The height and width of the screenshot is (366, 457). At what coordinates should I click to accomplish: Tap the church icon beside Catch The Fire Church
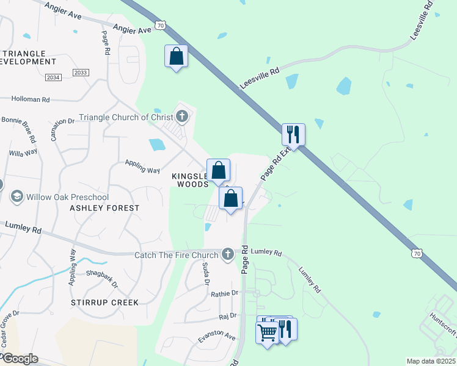228,253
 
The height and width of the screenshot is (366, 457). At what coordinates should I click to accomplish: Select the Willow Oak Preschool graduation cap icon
16,196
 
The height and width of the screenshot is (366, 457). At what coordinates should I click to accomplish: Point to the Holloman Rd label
30,99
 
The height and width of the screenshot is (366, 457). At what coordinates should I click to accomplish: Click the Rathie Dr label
224,293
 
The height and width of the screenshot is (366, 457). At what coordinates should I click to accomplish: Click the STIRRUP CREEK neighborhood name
104,303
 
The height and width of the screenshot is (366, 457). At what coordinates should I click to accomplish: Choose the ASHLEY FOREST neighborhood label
104,208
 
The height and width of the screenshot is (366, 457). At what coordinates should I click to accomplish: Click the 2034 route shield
54,77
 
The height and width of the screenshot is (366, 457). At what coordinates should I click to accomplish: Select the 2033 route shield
80,73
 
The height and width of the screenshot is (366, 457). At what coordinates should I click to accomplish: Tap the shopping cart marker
267,333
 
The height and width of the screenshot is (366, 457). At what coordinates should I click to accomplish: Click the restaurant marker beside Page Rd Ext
294,134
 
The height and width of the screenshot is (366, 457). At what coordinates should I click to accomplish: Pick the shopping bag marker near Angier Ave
176,57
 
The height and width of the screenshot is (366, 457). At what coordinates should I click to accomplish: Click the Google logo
20,359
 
